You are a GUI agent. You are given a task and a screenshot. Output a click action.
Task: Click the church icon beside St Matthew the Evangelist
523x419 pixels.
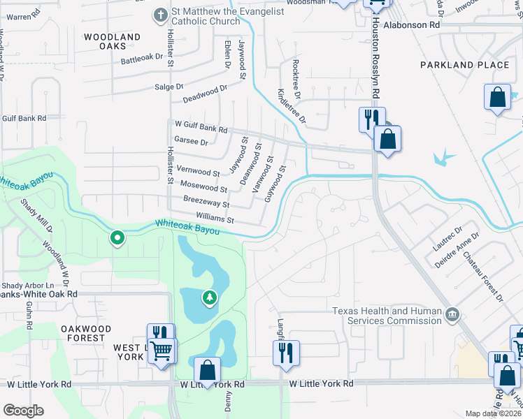click(x=160, y=14)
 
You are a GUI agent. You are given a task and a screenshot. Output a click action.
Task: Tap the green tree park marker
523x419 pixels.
click(x=209, y=299)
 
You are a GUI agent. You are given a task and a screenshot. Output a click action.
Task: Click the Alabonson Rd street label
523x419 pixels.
click(x=415, y=24)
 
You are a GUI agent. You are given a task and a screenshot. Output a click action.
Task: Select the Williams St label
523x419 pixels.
click(x=214, y=219)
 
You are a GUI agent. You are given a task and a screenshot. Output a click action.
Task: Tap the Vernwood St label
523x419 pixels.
click(x=199, y=170)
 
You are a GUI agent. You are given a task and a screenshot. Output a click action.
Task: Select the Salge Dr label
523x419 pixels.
click(x=169, y=87)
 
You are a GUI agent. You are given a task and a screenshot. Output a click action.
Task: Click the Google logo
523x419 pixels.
click(x=23, y=410)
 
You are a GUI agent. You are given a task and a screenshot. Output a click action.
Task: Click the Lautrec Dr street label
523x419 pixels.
click(x=447, y=239)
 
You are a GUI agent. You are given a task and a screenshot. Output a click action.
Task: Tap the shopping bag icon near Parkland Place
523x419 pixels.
click(x=498, y=98)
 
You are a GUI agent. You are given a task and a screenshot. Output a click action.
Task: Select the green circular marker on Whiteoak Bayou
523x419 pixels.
click(x=118, y=239)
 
